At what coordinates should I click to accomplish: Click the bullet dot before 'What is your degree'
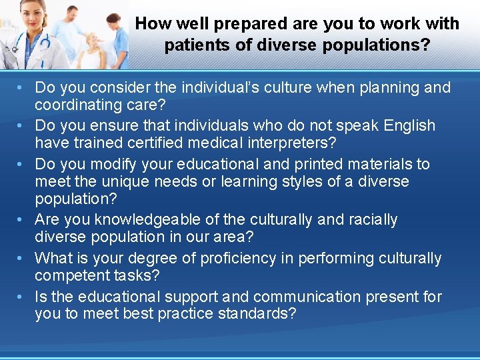[x=23, y=258]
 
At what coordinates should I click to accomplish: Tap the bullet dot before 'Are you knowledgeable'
[x=23, y=219]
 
